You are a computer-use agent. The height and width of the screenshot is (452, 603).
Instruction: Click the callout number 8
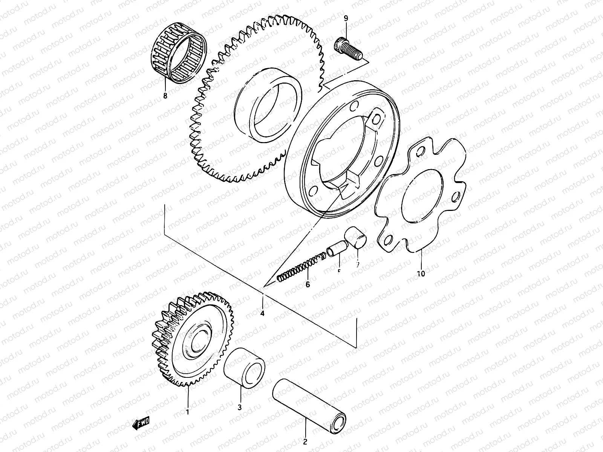(165, 96)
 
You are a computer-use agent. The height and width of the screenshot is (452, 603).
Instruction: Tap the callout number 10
(421, 273)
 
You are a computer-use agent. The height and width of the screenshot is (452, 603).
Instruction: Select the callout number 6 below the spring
(308, 284)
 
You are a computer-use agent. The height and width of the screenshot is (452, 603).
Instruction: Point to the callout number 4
(262, 313)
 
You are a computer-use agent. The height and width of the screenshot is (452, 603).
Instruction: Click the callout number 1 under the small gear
(187, 412)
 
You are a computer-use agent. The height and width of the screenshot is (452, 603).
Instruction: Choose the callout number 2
(305, 442)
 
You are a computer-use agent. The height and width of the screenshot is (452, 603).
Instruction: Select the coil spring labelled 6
(301, 267)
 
